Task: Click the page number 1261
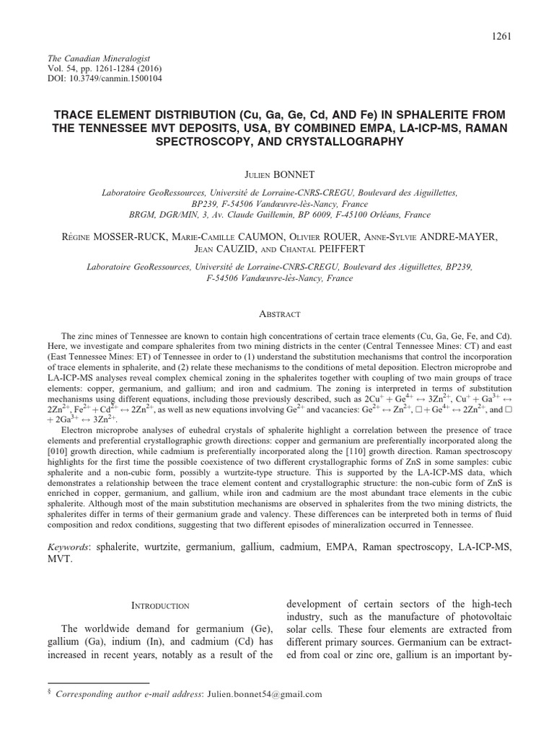[x=500, y=37]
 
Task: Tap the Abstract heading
[x=277, y=315]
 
